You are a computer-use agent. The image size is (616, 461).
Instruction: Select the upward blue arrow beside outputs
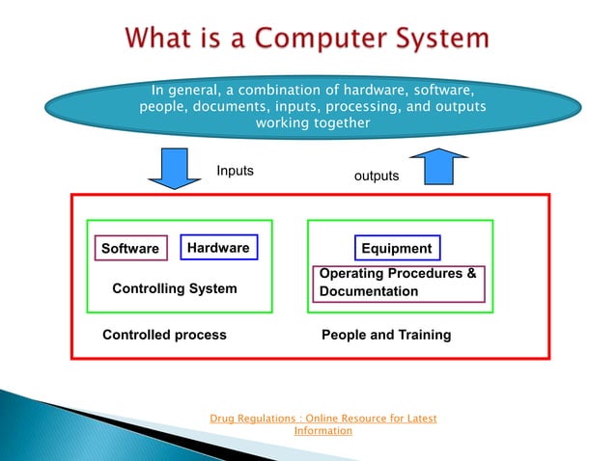point(445,166)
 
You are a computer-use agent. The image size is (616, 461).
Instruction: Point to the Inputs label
point(235,170)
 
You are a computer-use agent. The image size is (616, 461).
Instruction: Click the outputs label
point(376,176)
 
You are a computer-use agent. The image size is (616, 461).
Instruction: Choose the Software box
point(130,249)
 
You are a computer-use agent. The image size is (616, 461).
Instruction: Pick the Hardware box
point(218,248)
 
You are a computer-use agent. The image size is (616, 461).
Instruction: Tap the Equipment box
point(397,249)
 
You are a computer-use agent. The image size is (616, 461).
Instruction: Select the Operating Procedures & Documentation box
point(398,283)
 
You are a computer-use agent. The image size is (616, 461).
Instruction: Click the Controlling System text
point(175,288)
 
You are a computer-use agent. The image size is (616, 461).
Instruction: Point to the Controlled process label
point(164,335)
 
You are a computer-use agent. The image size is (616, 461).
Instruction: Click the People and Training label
point(385,335)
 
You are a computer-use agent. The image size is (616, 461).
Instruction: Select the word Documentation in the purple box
point(369,291)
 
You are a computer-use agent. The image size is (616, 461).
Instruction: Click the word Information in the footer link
point(323,431)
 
